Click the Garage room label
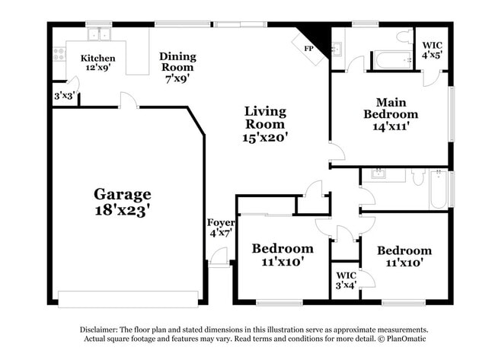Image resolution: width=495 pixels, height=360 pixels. [x=122, y=194]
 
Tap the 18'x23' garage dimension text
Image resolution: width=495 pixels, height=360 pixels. [x=122, y=211]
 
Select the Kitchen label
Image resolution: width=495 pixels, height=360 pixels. [x=98, y=58]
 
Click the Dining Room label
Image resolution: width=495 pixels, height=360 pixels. [x=177, y=62]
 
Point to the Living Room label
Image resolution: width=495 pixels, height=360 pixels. [x=264, y=117]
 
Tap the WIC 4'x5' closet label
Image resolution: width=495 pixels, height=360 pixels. [x=432, y=50]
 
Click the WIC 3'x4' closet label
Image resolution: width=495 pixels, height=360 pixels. [x=346, y=279]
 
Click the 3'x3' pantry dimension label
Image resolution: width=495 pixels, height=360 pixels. [x=64, y=97]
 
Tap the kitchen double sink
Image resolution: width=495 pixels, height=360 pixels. [x=97, y=35]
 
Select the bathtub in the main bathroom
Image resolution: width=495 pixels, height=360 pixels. [x=391, y=59]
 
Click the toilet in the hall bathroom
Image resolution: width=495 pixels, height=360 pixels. [x=418, y=177]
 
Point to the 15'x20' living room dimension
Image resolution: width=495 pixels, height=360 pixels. [x=264, y=138]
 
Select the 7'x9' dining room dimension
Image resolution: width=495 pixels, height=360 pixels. [x=177, y=77]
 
